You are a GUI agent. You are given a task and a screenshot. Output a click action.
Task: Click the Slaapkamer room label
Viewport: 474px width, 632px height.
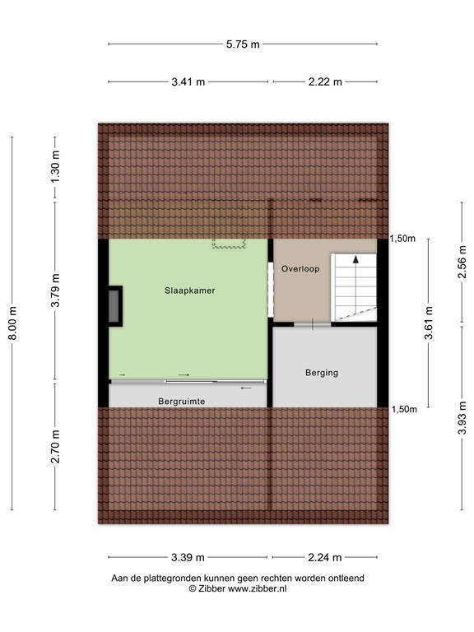pyautogui.click(x=188, y=290)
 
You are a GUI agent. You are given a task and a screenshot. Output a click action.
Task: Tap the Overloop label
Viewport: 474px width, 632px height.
pyautogui.click(x=300, y=268)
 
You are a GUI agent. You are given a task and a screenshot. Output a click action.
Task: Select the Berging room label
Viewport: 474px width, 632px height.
pyautogui.click(x=321, y=373)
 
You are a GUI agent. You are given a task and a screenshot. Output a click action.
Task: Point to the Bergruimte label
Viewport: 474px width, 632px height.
pyautogui.click(x=181, y=401)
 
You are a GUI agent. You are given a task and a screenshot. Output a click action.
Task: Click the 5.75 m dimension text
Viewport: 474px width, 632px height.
pyautogui.click(x=243, y=44)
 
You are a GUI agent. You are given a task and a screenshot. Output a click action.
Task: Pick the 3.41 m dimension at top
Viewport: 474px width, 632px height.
pyautogui.click(x=188, y=81)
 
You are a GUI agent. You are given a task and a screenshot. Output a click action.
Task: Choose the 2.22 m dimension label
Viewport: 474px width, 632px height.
pyautogui.click(x=325, y=81)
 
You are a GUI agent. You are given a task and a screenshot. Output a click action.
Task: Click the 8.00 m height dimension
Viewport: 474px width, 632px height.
pyautogui.click(x=12, y=323)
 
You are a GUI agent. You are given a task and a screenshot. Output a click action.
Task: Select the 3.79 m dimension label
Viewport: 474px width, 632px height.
pyautogui.click(x=55, y=290)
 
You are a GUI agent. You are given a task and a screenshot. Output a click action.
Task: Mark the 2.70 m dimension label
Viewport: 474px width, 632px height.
pyautogui.click(x=55, y=447)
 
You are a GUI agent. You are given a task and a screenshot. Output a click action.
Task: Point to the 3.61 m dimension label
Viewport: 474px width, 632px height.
pyautogui.click(x=430, y=324)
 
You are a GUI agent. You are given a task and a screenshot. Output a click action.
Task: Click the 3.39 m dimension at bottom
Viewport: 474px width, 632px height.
pyautogui.click(x=188, y=557)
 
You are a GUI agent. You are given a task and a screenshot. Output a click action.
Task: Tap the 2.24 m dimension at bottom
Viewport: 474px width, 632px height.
pyautogui.click(x=325, y=557)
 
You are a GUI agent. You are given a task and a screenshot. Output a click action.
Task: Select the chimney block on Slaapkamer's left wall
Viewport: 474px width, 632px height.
pyautogui.click(x=114, y=305)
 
